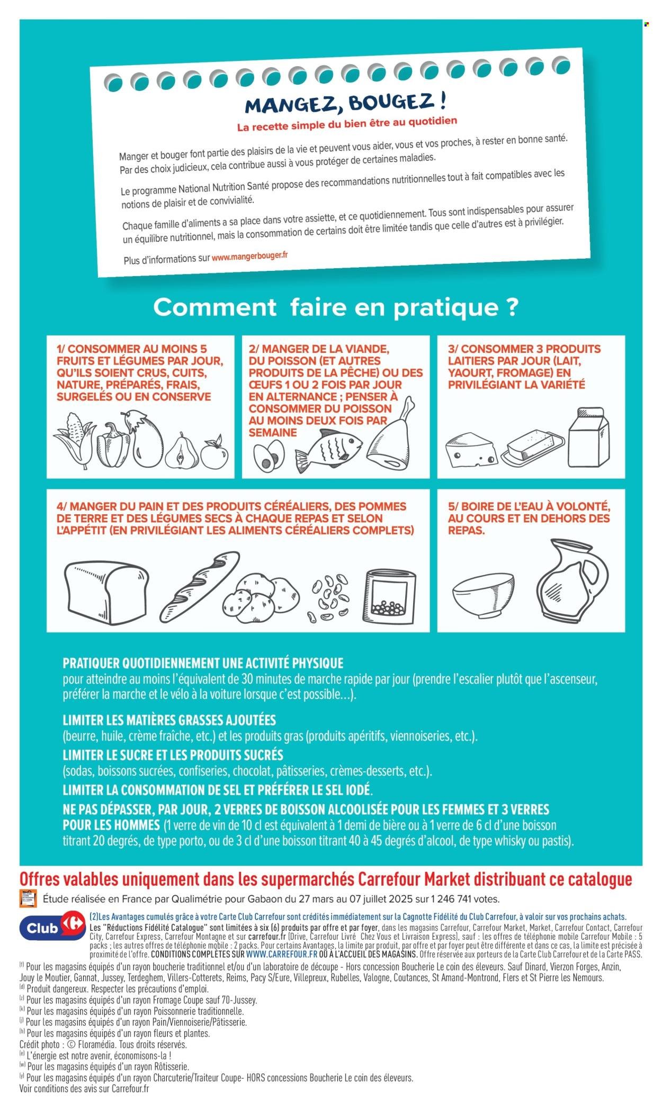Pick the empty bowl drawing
(484, 593)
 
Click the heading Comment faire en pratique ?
(335, 307)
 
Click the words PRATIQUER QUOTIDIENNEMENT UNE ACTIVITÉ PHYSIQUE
(203, 663)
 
